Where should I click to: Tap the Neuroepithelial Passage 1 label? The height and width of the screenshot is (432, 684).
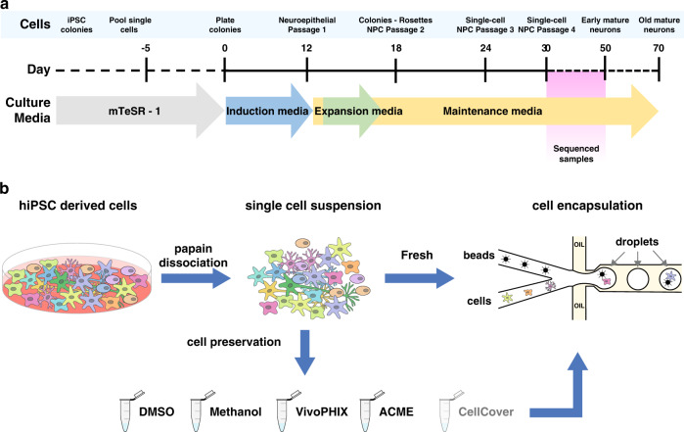[307, 25]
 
